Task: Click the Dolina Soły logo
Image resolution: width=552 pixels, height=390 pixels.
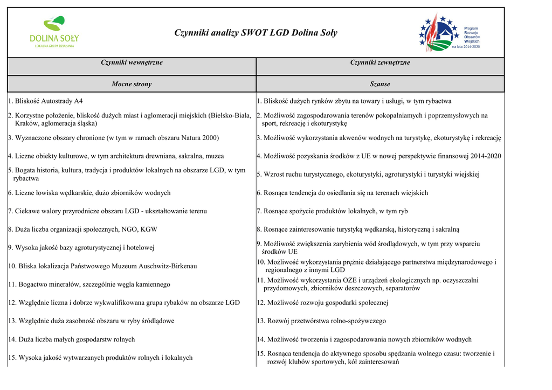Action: point(54,32)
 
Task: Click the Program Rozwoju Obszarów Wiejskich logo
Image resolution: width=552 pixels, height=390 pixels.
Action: point(448,33)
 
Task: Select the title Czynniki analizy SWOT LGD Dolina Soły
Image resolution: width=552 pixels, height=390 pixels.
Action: point(256,33)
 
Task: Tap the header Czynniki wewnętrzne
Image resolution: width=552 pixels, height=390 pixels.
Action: point(132,63)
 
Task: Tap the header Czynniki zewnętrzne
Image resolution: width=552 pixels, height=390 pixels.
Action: point(380,63)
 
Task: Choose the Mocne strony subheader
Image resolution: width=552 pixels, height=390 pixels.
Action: point(132,84)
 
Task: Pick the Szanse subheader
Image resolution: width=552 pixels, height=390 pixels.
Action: point(380,84)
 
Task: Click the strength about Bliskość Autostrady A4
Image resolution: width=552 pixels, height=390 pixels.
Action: point(46,101)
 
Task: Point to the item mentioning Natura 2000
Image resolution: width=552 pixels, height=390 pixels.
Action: point(114,138)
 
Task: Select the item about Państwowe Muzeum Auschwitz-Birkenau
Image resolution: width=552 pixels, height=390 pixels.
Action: point(102,266)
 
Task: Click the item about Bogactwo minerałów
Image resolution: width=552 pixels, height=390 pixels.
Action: point(89,284)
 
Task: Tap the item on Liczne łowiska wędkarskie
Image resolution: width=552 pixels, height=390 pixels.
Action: point(89,193)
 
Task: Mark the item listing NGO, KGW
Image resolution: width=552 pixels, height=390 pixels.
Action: point(83,229)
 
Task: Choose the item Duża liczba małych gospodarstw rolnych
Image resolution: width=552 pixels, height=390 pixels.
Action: point(72,339)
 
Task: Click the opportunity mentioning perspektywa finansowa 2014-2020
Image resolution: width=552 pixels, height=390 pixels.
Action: point(379,156)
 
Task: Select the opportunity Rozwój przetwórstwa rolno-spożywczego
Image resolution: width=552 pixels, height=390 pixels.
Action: point(321,321)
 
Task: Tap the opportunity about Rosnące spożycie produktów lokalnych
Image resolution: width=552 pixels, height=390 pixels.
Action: point(332,211)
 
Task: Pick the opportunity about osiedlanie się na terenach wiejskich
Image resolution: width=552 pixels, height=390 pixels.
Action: point(342,193)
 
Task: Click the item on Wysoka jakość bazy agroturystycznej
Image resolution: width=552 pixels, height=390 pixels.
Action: point(81,248)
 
